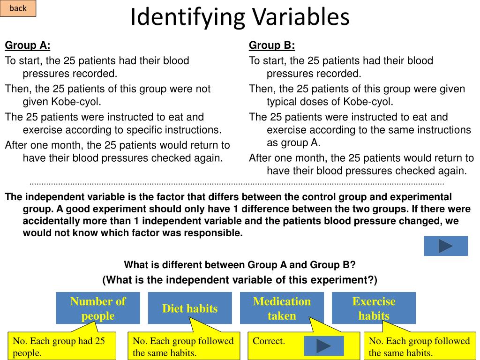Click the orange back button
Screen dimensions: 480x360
(18, 8)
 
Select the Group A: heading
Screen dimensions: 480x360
(28, 45)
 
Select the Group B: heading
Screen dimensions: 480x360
(272, 45)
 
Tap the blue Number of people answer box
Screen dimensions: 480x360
(98, 308)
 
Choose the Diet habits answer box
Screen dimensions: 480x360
(190, 308)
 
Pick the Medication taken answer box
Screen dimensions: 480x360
(282, 308)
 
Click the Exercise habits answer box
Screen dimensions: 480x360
(374, 308)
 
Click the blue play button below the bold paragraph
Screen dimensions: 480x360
(446, 246)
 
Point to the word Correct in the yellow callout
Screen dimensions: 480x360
(269, 341)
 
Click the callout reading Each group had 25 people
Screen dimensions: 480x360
(62, 346)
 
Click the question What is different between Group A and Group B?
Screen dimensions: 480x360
(240, 265)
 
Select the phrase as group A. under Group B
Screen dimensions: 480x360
(293, 143)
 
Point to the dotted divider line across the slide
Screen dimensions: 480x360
(237, 184)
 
